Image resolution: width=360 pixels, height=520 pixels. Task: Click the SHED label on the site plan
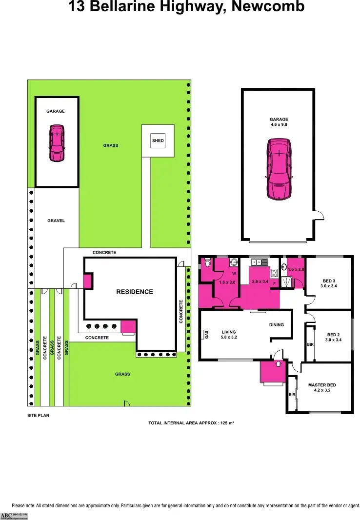[158, 141]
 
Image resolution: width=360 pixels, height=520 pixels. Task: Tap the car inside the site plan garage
[57, 143]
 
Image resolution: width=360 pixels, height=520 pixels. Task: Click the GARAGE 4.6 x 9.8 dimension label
[279, 122]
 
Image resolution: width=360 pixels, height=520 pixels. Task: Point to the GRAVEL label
[56, 220]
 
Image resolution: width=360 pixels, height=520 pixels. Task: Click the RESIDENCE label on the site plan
[134, 292]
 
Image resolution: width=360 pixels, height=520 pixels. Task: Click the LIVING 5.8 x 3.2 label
[229, 335]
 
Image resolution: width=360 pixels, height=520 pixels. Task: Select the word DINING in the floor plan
[277, 325]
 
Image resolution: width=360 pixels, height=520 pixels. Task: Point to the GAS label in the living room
[206, 335]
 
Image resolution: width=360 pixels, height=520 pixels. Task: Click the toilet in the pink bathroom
[208, 264]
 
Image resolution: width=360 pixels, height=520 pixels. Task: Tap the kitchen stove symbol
[274, 273]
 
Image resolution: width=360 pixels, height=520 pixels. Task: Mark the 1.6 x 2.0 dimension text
[296, 270]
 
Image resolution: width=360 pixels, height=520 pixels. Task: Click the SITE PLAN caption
[38, 416]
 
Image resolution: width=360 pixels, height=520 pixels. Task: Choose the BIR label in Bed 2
[310, 344]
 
